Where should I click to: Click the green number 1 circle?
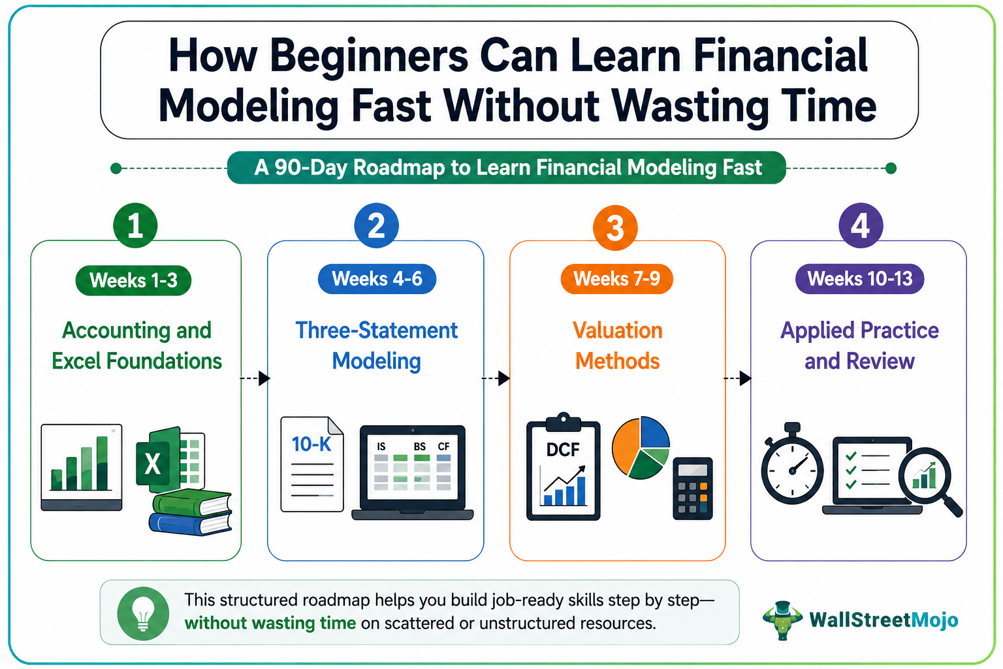tap(135, 225)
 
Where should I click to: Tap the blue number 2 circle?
tap(376, 225)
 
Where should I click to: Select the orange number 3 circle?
tap(614, 227)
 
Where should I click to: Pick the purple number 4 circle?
tap(861, 225)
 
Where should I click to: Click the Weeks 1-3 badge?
tap(133, 280)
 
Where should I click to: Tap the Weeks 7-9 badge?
tap(616, 279)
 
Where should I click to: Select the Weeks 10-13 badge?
tap(860, 279)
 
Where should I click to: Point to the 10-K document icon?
tap(312, 465)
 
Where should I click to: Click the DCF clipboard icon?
tap(564, 466)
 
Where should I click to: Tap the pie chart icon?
tap(641, 448)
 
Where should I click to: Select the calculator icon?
tap(693, 489)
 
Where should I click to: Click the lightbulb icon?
tap(143, 613)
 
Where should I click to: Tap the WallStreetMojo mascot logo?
tap(782, 620)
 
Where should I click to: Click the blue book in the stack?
tap(191, 524)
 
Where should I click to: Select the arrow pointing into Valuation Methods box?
tap(496, 378)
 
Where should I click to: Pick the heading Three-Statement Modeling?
tap(376, 346)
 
